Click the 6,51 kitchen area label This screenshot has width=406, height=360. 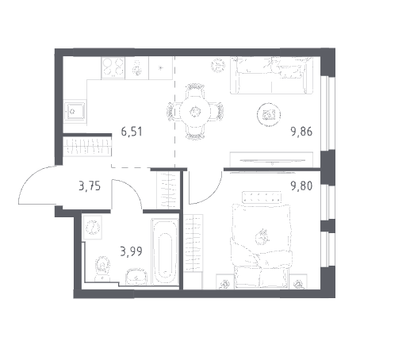coord(132,132)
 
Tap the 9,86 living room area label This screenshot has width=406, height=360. coord(301,132)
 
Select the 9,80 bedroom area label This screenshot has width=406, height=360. coord(301,186)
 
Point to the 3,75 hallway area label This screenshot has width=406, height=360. coord(90,186)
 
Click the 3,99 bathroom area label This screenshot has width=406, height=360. coord(132,251)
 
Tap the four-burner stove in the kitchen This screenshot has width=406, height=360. coord(113,67)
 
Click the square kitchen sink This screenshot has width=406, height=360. coord(75,111)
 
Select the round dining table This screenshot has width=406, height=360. coord(195,112)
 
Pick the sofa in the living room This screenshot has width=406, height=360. coord(272,75)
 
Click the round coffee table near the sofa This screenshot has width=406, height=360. coord(269,114)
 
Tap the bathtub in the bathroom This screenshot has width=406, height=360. coord(165,251)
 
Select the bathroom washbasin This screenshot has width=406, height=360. coord(136,277)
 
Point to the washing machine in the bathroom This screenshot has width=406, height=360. coord(92,228)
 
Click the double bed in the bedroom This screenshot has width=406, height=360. coord(261,246)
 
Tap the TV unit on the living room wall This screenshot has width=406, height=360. coord(271,159)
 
